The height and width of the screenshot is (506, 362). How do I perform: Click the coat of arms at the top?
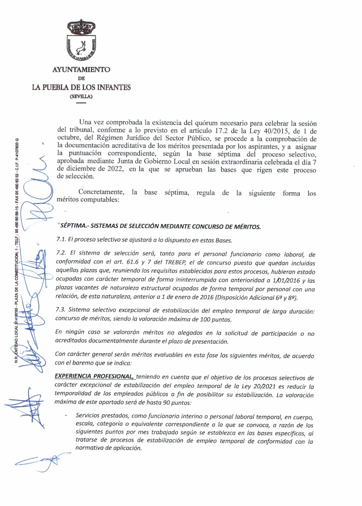click(x=81, y=41)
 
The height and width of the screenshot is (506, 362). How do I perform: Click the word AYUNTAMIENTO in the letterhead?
click(x=81, y=70)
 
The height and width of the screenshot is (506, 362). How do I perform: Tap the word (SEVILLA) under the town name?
click(x=81, y=96)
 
